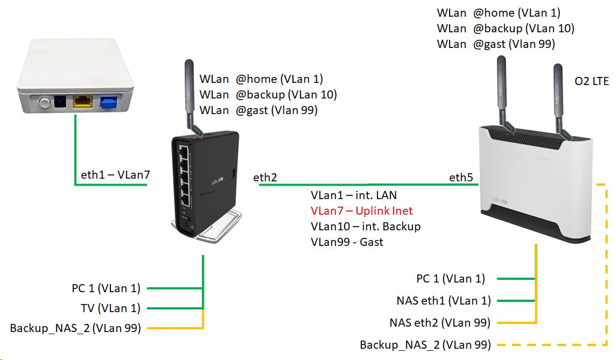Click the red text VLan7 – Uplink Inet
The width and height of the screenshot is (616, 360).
point(361,210)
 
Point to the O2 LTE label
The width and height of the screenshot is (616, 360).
point(592,82)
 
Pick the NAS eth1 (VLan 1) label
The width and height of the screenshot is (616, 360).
point(443,301)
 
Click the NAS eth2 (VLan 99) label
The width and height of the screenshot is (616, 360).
point(440,323)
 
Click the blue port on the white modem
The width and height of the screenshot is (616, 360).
point(109,102)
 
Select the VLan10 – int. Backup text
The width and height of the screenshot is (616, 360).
point(365,226)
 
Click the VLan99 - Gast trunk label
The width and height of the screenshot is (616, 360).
point(347,242)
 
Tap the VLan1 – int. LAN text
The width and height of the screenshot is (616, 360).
point(353,195)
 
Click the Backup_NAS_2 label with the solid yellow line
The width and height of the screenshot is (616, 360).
point(75,328)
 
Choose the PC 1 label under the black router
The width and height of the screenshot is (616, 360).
point(106,288)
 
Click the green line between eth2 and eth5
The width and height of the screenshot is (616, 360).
point(366,185)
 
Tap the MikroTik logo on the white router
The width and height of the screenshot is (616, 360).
point(501,200)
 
